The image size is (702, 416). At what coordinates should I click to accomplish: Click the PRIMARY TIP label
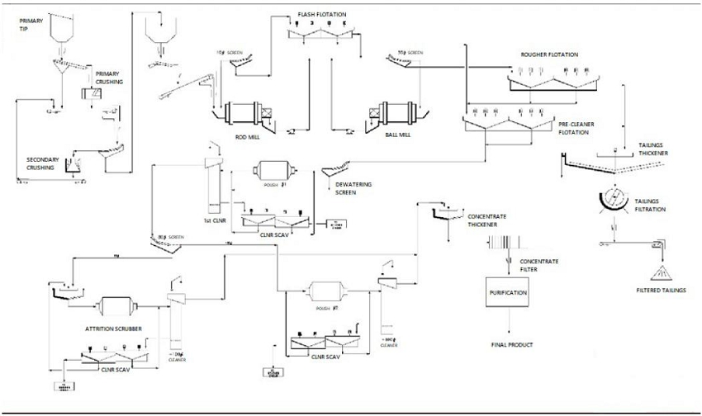pyautogui.click(x=31, y=24)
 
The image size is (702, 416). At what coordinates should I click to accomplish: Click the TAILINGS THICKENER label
pyautogui.click(x=653, y=149)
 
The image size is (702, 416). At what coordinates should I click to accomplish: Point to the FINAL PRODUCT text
pyautogui.click(x=512, y=345)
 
